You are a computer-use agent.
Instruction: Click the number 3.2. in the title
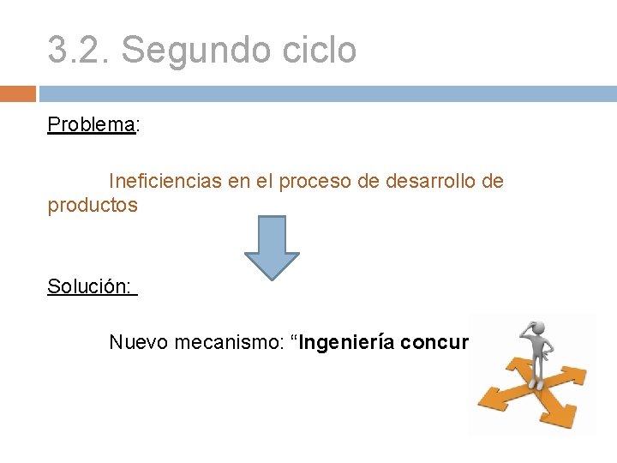coord(78,51)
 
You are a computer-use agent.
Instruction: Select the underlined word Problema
coord(91,124)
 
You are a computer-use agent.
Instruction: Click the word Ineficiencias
coord(165,182)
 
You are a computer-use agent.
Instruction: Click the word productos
coord(93,206)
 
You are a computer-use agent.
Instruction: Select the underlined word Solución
coord(90,286)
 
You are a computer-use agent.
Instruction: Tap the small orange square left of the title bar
coord(18,93)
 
